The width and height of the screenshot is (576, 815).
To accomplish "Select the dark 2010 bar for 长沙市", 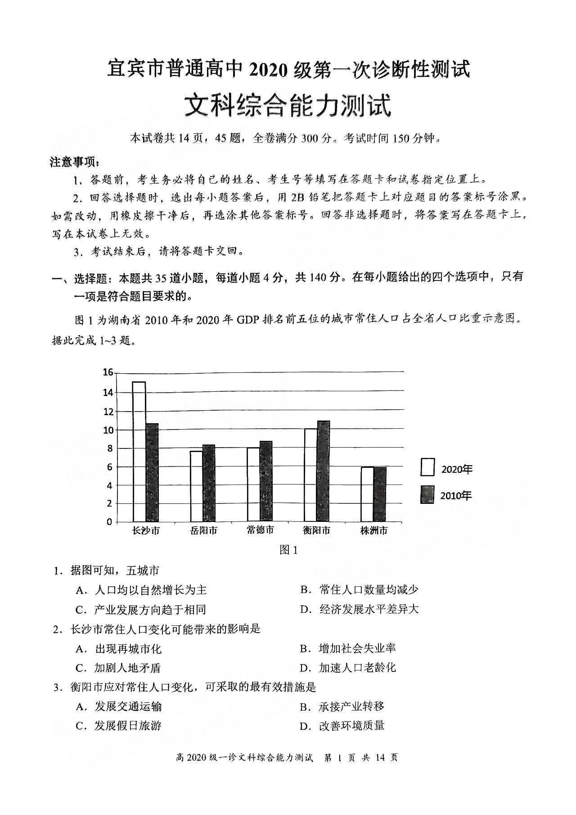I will tap(152, 473).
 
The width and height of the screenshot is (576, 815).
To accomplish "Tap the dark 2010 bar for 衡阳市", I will tap(324, 471).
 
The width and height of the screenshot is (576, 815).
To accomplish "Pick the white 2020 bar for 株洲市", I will tap(367, 494).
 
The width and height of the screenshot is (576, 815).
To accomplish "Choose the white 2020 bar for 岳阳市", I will tap(196, 486).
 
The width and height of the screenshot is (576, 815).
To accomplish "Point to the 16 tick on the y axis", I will tap(108, 372).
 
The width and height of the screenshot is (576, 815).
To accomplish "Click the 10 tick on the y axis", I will tap(108, 430).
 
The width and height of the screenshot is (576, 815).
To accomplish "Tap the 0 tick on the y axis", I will tap(110, 522).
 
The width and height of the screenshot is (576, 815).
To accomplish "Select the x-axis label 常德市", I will tap(261, 530).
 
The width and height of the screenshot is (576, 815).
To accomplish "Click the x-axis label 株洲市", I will tap(374, 530).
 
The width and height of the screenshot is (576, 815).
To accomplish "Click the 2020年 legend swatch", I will tap(427, 467).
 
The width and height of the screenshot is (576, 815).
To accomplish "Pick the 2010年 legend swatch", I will tap(427, 494).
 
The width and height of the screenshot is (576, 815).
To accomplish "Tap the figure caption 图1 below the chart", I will tap(288, 550).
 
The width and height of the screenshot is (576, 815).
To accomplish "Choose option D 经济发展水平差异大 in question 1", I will tap(360, 610).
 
